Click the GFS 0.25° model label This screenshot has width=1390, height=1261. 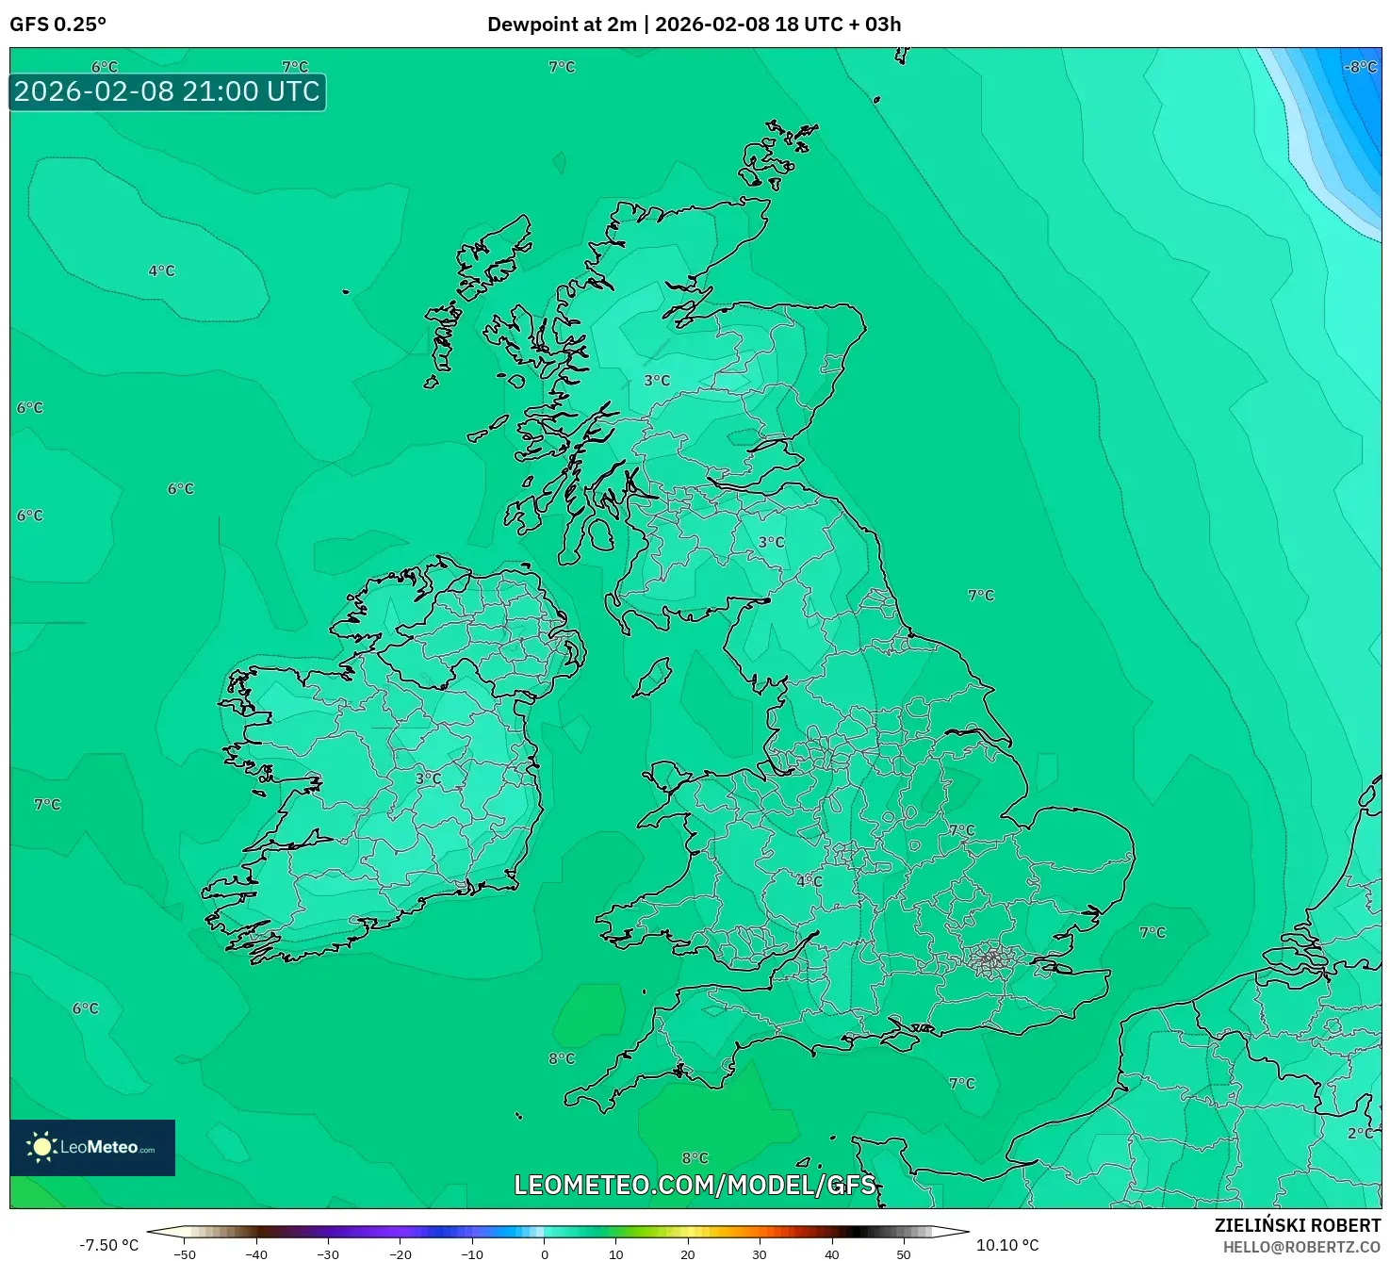57,25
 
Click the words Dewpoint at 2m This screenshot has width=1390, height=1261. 562,25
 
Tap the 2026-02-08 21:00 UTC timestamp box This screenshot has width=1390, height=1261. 167,91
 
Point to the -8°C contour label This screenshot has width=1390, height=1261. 1360,67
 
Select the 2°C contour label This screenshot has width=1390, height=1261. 1360,1133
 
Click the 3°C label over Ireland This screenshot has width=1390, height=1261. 428,778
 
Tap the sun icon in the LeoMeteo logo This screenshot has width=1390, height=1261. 41,1147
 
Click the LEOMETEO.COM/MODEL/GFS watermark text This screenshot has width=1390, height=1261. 695,1185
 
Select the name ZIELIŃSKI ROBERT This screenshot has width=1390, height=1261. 1297,1225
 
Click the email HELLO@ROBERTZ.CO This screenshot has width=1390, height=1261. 1301,1247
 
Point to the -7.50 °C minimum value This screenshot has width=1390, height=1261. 108,1245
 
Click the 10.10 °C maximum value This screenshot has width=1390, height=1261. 1007,1245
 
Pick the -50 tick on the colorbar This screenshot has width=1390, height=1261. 185,1254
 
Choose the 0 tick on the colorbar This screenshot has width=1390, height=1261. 545,1254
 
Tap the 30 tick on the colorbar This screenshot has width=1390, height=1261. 760,1254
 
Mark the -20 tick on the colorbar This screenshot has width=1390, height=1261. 401,1254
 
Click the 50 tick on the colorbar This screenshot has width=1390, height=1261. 904,1254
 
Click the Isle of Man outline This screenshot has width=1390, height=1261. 652,677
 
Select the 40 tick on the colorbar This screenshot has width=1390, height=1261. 831,1254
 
